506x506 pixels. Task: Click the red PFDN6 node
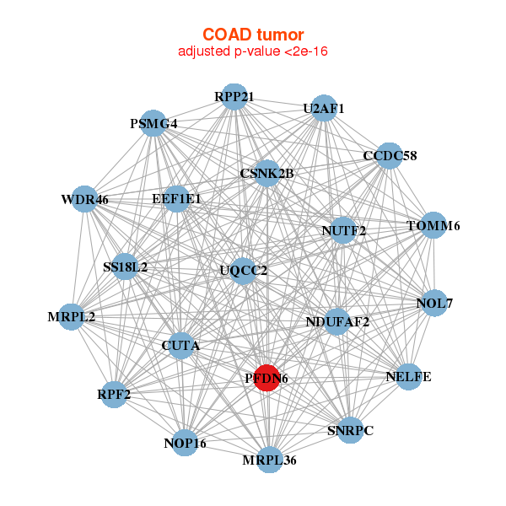tap(267, 378)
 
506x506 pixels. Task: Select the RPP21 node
tap(234, 97)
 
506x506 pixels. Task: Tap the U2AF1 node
tap(325, 109)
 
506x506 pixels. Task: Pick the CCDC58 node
tap(389, 156)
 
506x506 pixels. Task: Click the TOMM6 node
tap(433, 225)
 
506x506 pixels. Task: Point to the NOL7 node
tap(434, 303)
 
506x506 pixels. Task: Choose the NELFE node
tap(408, 376)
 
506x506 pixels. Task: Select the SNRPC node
tap(349, 430)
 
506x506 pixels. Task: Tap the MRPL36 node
tap(269, 460)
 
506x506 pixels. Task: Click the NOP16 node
tap(186, 443)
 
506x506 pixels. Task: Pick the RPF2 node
tap(114, 394)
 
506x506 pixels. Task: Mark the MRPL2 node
tap(72, 317)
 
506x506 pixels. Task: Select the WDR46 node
tap(84, 200)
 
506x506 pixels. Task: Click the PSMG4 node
tap(153, 123)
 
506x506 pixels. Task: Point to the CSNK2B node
tap(266, 174)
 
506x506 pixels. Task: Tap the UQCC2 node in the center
tap(244, 271)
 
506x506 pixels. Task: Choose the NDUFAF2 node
tap(337, 320)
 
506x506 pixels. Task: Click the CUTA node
tap(180, 346)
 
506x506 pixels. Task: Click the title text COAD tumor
tap(252, 35)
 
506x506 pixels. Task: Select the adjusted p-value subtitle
tap(252, 51)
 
